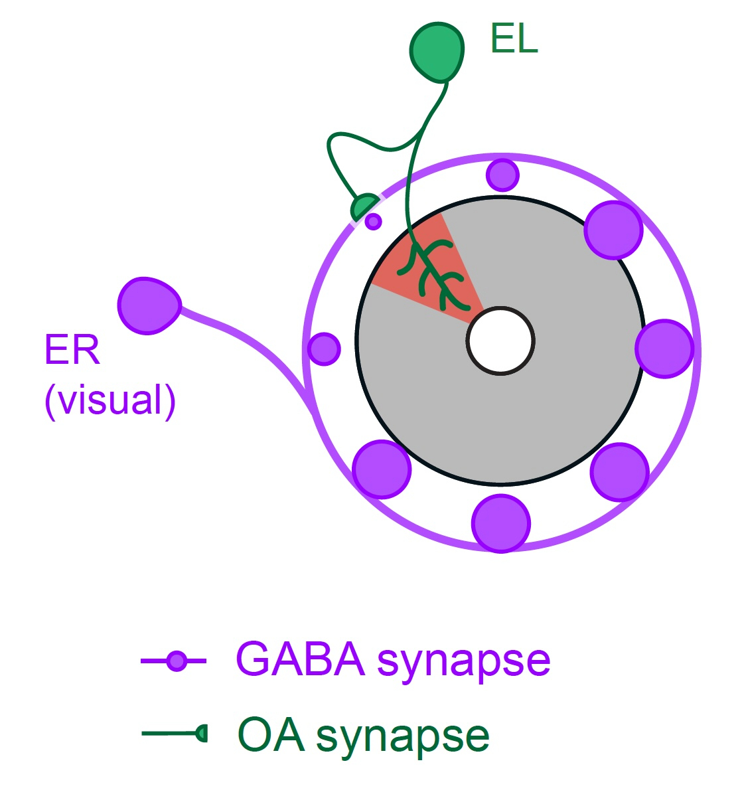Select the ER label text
(x=72, y=350)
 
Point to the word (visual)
(x=110, y=400)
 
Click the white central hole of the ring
(x=500, y=341)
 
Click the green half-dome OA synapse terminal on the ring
(x=363, y=206)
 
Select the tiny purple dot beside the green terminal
(x=374, y=221)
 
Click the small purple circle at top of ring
(x=502, y=175)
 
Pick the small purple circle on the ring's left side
(x=324, y=349)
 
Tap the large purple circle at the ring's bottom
(x=501, y=523)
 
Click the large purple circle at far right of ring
(x=664, y=349)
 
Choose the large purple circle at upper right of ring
(x=614, y=230)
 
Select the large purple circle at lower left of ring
(x=382, y=469)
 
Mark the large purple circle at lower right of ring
(x=619, y=472)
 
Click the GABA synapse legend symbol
(x=176, y=661)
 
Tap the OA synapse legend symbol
(x=202, y=733)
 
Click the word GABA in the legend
(x=300, y=659)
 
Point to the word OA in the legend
(x=271, y=735)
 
